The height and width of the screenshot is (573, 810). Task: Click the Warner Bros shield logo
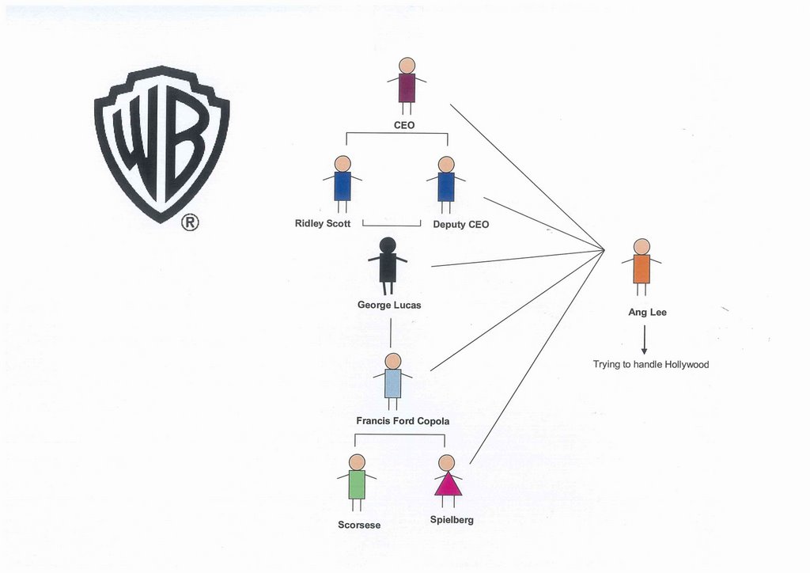[x=161, y=144]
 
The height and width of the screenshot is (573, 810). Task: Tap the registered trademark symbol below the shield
[x=190, y=222]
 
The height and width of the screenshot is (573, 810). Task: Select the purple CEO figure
[x=407, y=86]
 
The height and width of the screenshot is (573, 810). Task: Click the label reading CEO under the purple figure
[x=404, y=125]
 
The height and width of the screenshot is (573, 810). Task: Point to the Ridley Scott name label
[x=323, y=223]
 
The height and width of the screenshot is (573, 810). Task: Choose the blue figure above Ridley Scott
[x=343, y=184]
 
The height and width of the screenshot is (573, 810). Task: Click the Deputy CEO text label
[x=461, y=224]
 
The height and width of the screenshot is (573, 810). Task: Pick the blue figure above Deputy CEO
[x=446, y=185]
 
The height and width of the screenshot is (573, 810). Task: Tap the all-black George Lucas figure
[x=388, y=266]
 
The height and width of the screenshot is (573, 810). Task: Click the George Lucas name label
[x=389, y=305]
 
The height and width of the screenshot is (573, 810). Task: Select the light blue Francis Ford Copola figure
[x=392, y=381]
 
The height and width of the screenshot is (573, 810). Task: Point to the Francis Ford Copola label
[x=403, y=420]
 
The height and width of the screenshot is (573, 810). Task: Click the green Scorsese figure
[x=357, y=483]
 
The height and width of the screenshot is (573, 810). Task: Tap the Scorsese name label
[x=359, y=525]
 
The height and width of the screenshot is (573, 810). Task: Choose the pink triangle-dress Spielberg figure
[x=448, y=481]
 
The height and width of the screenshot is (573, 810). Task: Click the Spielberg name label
[x=452, y=520]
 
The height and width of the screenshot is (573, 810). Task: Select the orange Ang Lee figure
[x=642, y=268]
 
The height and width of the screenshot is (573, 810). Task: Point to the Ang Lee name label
[x=647, y=312]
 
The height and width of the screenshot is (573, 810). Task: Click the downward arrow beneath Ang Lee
[x=644, y=340]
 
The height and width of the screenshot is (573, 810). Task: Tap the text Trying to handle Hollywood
[x=651, y=364]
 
